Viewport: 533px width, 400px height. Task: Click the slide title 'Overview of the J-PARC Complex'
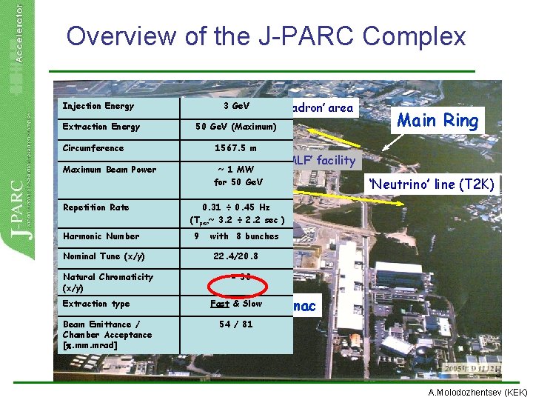point(266,36)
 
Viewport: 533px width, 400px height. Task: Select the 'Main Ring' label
point(438,120)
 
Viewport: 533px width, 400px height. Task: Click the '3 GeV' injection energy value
point(236,106)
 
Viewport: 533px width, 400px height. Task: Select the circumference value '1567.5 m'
point(235,148)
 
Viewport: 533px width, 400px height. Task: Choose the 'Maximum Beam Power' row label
point(110,170)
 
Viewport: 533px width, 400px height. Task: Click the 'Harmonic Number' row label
point(101,236)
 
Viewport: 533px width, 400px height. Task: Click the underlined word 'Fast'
point(220,304)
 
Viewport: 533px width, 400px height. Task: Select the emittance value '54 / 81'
point(236,324)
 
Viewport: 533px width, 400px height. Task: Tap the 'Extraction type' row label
point(96,304)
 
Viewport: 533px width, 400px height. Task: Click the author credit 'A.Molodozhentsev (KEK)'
point(476,392)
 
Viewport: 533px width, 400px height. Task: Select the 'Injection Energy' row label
point(98,106)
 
